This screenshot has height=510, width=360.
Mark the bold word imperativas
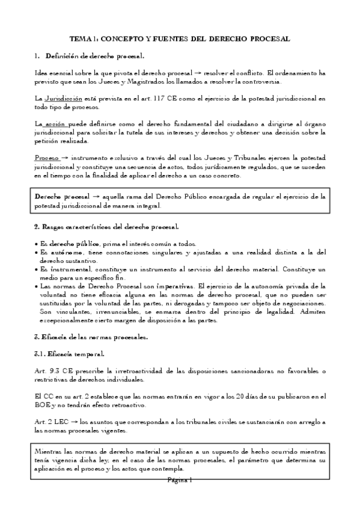(x=176, y=287)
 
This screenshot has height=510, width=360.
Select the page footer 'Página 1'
(x=179, y=479)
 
